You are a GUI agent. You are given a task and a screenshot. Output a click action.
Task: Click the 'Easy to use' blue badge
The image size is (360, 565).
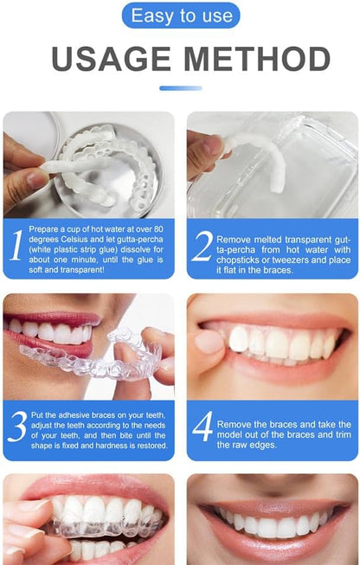click(x=180, y=15)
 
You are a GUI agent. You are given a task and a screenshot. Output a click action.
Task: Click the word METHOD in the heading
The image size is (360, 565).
click(x=253, y=59)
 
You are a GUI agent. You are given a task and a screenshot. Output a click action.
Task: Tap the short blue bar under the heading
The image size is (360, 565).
click(x=180, y=87)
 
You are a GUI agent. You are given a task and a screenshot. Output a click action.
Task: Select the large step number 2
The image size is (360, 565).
click(x=202, y=246)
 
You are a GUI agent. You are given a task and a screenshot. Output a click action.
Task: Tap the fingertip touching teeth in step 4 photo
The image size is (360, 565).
click(x=209, y=341)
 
